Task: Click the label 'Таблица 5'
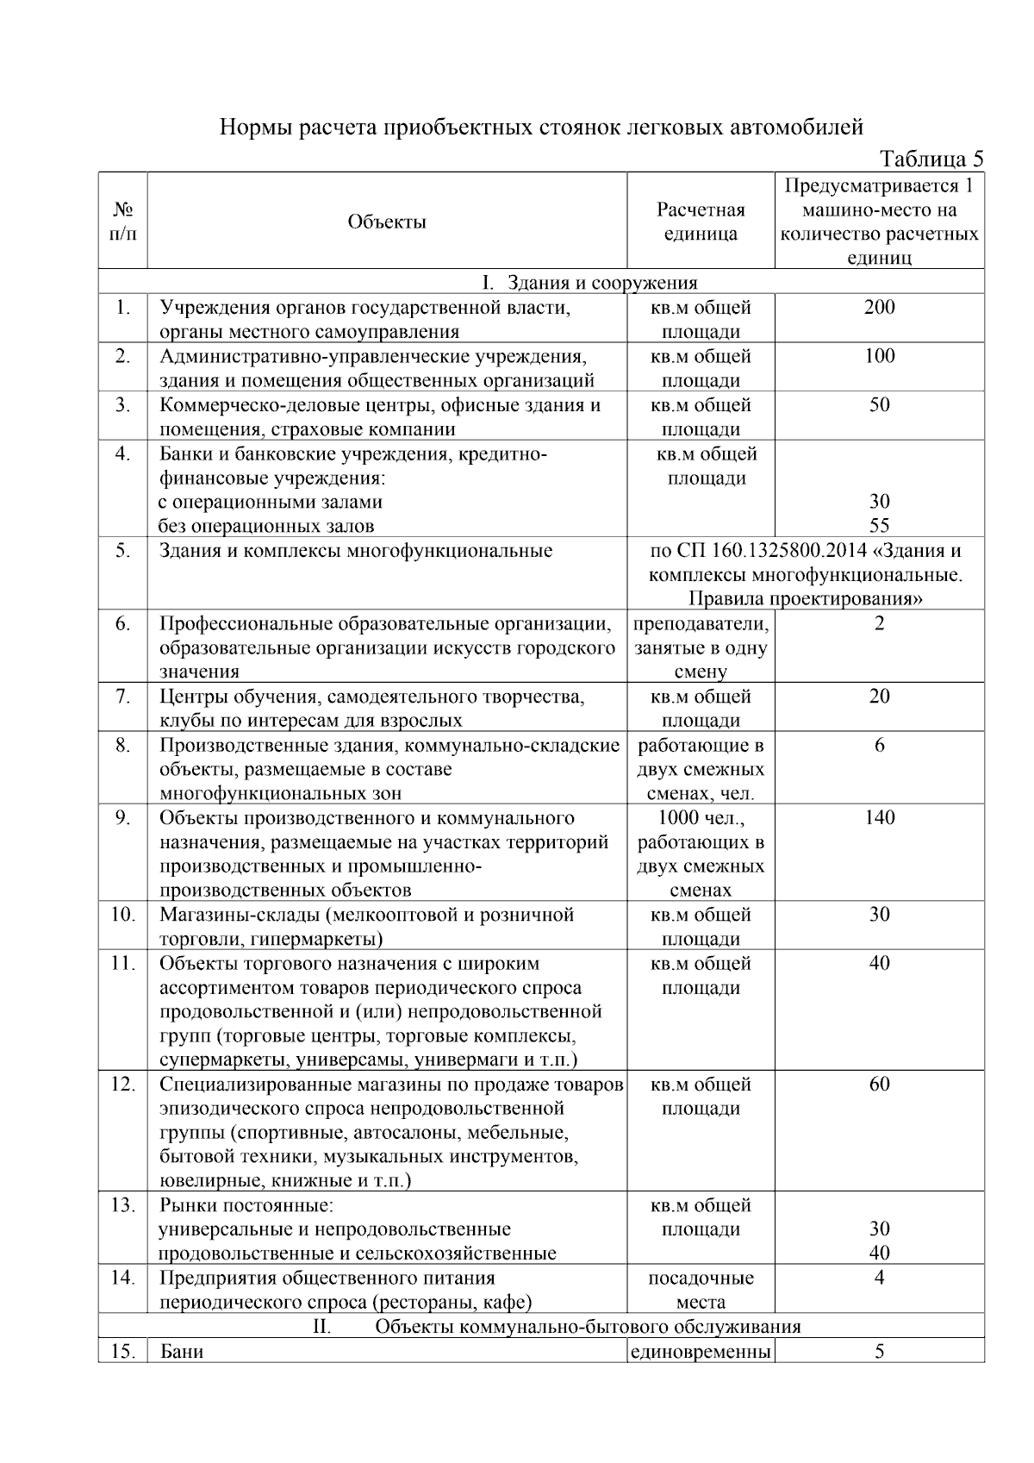931,159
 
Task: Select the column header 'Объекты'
387,222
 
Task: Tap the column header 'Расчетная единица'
700,222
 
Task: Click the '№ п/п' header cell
123,222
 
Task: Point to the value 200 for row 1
879,308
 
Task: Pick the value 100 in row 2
879,356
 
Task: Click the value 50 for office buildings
879,405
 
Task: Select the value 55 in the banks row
879,526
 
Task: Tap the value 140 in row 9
879,817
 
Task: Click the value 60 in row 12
879,1084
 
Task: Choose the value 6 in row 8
879,745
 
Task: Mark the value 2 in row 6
879,623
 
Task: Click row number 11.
123,963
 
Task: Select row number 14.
123,1278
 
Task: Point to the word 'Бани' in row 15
182,1351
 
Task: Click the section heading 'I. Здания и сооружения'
589,283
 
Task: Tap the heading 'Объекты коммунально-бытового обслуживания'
588,1326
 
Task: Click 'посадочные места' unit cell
701,1290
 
